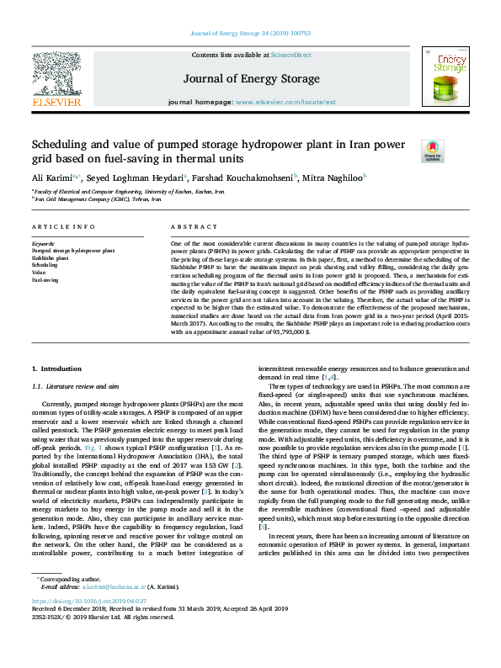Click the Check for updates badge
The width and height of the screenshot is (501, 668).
tap(434, 150)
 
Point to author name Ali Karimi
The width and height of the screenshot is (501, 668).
tap(50, 178)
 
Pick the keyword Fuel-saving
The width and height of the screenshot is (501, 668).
tap(45, 279)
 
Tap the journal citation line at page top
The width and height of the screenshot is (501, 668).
tap(250, 33)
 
